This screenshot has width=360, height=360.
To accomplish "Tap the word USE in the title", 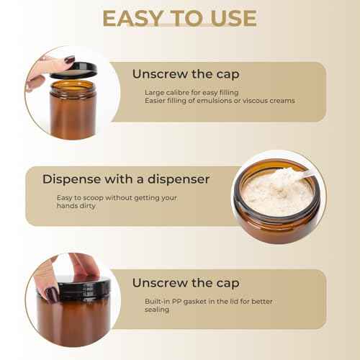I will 229,17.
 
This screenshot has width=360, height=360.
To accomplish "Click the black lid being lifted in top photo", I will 72,71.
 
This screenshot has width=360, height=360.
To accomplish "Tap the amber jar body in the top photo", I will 72,112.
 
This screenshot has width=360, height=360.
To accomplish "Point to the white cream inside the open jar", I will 277,193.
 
